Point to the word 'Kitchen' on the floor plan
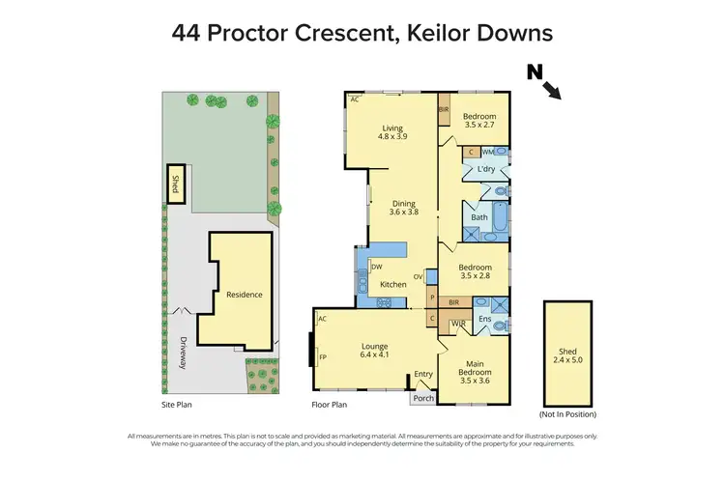click(x=392, y=284)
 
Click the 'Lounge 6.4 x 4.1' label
click(x=374, y=350)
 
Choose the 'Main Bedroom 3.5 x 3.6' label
click(x=475, y=371)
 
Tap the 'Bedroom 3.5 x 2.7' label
click(x=479, y=120)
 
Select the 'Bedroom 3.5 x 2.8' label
click(x=475, y=271)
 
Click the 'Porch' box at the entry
click(x=423, y=397)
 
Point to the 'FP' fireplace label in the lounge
click(x=323, y=356)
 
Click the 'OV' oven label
click(x=419, y=276)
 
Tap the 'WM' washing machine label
click(x=488, y=152)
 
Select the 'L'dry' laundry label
click(x=486, y=171)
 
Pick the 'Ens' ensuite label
click(x=485, y=319)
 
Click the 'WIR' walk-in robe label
click(x=457, y=322)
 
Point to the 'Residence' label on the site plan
click(x=244, y=295)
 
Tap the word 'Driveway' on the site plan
click(x=180, y=353)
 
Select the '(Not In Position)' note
click(x=570, y=413)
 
